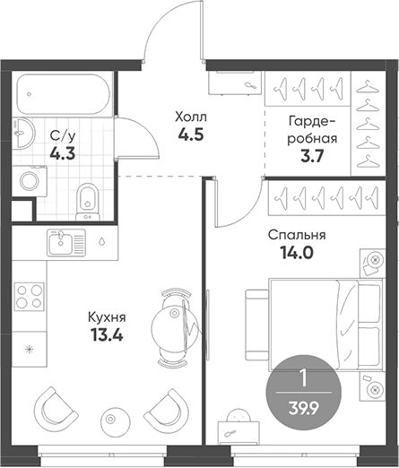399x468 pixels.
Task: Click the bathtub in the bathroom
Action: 61,92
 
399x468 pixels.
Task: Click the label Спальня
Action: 297,236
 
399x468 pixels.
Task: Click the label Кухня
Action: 107,317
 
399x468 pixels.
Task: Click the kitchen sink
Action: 65,241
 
